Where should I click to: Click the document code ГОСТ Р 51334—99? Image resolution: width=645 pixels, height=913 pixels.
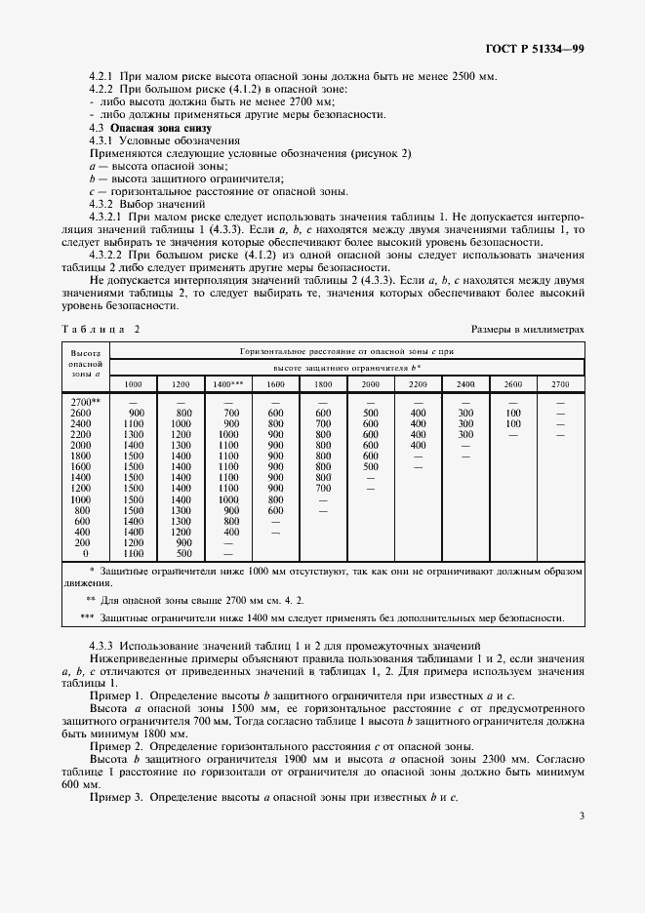[534, 48]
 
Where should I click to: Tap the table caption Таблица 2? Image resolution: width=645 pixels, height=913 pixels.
[101, 330]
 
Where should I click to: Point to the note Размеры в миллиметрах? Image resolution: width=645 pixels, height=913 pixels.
[527, 330]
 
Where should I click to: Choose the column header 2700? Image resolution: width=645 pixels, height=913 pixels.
[560, 384]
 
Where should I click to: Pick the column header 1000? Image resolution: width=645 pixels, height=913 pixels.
[134, 384]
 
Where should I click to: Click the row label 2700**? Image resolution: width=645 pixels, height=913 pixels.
[85, 401]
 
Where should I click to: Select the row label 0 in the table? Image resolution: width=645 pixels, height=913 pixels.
[85, 553]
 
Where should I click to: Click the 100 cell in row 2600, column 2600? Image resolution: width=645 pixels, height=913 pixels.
[513, 413]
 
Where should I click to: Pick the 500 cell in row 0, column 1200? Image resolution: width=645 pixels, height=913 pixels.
[181, 553]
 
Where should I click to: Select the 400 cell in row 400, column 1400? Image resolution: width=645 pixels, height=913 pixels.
[230, 532]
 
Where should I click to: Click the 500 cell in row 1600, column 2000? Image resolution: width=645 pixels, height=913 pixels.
[371, 466]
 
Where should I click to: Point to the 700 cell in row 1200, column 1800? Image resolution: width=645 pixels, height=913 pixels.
[323, 488]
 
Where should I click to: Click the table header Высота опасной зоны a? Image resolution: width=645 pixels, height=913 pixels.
[84, 361]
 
